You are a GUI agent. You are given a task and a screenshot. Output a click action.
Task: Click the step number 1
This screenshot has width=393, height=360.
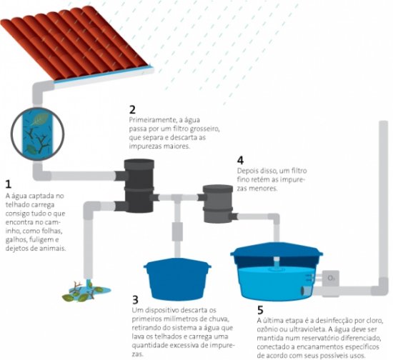pyautogui.click(x=9, y=184)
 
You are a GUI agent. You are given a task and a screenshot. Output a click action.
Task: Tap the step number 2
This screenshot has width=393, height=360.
pyautogui.click(x=132, y=109)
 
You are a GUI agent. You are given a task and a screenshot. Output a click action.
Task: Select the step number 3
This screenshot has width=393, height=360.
pyautogui.click(x=135, y=300)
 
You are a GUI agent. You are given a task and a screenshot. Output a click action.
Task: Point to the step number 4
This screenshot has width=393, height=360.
pyautogui.click(x=240, y=160)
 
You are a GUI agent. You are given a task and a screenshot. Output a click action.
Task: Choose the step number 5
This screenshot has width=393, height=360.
pyautogui.click(x=260, y=310)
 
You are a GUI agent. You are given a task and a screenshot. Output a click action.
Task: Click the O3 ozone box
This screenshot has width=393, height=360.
pyautogui.click(x=331, y=278)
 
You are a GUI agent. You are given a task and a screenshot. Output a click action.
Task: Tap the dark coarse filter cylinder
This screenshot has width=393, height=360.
pyautogui.click(x=139, y=186)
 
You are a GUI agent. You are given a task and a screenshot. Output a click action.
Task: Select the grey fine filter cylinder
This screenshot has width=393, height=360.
pyautogui.click(x=217, y=204)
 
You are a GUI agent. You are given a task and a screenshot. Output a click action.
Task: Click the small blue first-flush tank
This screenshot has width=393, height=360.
pyautogui.click(x=177, y=279)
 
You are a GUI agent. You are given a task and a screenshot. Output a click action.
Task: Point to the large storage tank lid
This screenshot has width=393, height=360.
pyautogui.click(x=277, y=251)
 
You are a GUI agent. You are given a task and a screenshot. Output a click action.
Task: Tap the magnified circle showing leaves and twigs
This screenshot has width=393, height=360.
pyautogui.click(x=38, y=134)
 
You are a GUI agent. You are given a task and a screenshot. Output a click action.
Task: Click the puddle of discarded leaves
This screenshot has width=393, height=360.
pyautogui.click(x=86, y=291)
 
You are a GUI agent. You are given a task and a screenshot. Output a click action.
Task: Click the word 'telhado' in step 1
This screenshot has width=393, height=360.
pyautogui.click(x=17, y=204)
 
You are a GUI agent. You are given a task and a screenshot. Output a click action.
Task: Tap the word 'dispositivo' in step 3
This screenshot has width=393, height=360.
pyautogui.click(x=161, y=311)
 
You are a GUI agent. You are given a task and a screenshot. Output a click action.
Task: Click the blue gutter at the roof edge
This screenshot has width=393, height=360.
pyautogui.click(x=104, y=74)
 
